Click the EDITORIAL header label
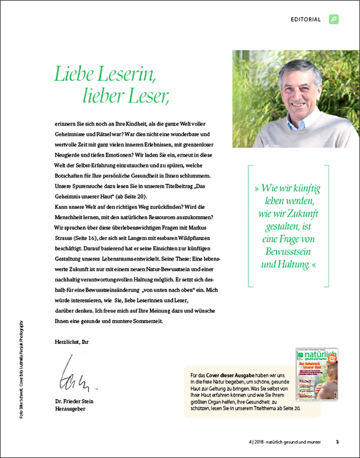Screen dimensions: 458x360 tap(306, 19)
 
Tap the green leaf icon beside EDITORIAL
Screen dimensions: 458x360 tap(334, 19)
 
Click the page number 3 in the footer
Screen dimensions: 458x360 tap(337, 442)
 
